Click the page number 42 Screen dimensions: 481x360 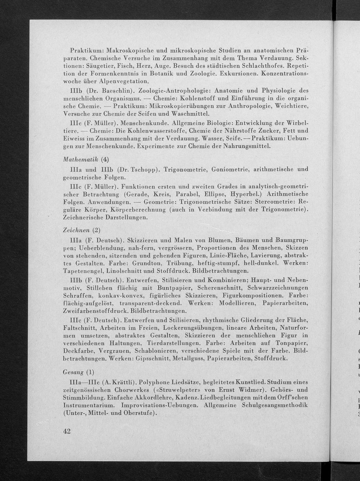(x=66, y=432)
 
